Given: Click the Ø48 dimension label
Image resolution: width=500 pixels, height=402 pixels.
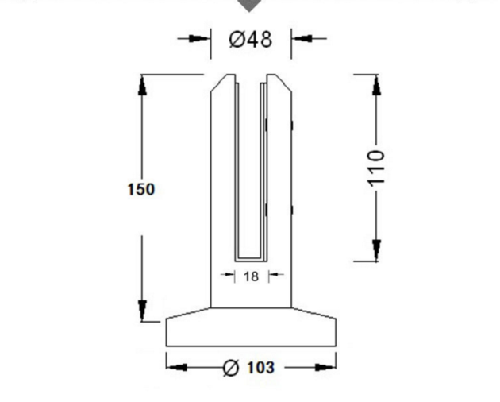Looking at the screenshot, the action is click(251, 40).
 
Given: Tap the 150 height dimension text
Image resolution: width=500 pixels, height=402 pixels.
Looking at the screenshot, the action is click(141, 189).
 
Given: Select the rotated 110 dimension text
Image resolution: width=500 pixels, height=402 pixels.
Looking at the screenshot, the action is click(376, 168).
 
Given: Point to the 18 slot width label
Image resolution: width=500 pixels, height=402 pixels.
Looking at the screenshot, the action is click(251, 276).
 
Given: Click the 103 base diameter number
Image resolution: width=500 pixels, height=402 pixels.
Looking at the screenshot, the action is click(261, 368).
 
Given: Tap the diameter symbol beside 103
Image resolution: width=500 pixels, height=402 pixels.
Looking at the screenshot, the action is click(231, 368).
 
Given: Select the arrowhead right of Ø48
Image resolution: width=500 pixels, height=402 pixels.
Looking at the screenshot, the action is click(302, 39).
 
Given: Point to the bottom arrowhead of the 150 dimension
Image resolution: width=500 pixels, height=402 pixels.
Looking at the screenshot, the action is click(142, 311).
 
